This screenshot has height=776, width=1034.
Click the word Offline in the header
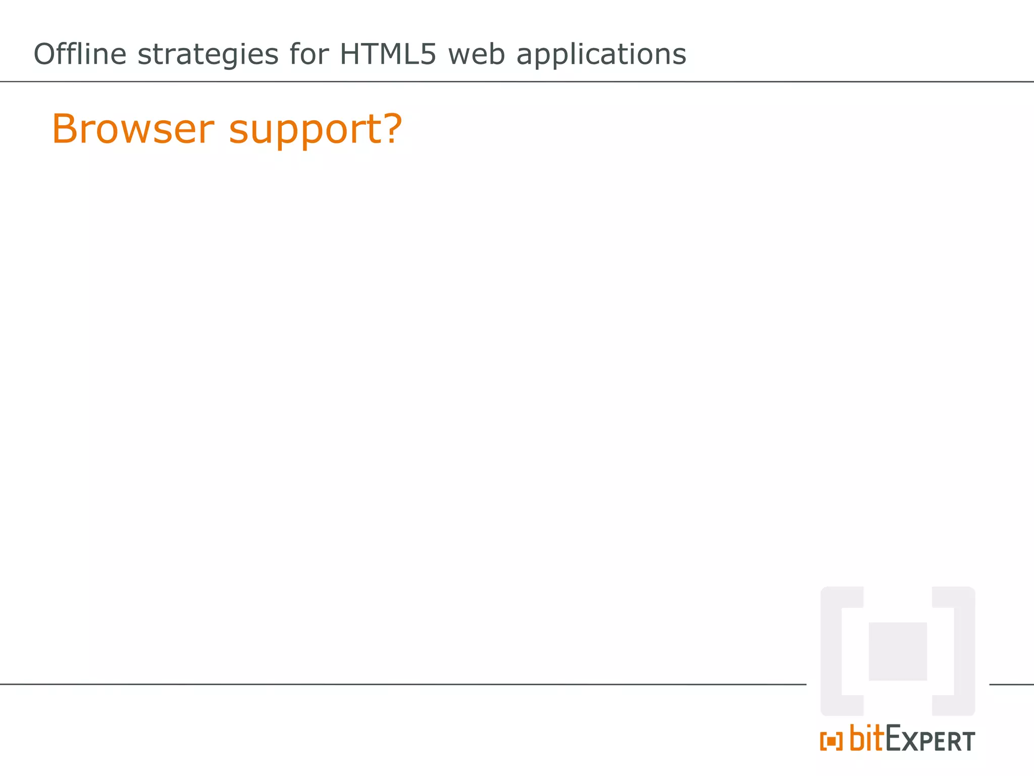80,54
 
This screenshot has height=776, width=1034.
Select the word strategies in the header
208,55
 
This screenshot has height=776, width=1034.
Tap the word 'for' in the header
309,54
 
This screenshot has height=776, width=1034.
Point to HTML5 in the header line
387,54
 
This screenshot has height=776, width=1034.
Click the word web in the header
476,54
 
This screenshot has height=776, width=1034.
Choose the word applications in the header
601,55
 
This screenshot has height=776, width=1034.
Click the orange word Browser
133,129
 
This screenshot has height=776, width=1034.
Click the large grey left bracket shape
832,651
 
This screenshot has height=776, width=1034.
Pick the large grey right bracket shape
964,651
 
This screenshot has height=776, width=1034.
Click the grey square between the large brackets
897,651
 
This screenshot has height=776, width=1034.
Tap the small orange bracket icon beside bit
831,741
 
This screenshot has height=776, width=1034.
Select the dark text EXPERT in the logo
930,740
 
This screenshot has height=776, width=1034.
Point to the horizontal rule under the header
517,81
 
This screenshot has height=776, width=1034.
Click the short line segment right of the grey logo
1011,685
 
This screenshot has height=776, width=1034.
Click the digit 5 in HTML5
427,54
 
